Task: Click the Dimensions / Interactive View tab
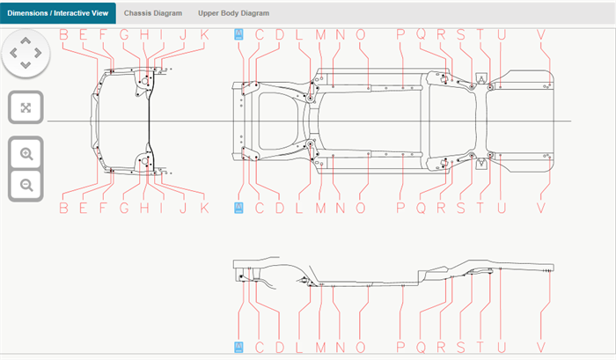pyautogui.click(x=57, y=13)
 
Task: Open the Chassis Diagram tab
pyautogui.click(x=153, y=13)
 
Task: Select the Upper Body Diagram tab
pyautogui.click(x=233, y=13)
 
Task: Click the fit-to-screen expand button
pyautogui.click(x=26, y=107)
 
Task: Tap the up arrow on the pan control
pyautogui.click(x=26, y=41)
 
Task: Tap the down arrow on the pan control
pyautogui.click(x=26, y=65)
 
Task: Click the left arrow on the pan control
pyautogui.click(x=13, y=53)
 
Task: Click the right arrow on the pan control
pyautogui.click(x=39, y=53)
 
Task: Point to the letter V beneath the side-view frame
pyautogui.click(x=541, y=348)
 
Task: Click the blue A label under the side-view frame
pyautogui.click(x=238, y=348)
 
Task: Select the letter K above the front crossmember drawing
pyautogui.click(x=204, y=34)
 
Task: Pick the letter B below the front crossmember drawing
pyautogui.click(x=63, y=208)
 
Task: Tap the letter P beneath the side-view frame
pyautogui.click(x=400, y=348)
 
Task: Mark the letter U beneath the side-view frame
pyautogui.click(x=502, y=348)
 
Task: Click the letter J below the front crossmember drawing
pyautogui.click(x=183, y=208)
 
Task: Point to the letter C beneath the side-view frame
pyautogui.click(x=260, y=348)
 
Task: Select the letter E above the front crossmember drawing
pyautogui.click(x=84, y=34)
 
